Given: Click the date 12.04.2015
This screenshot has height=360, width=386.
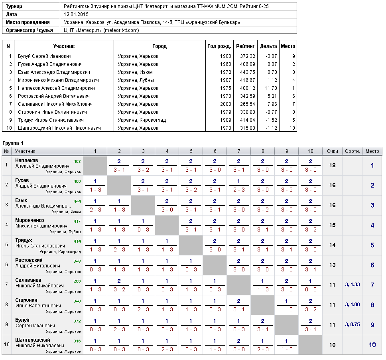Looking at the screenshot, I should click(76, 14).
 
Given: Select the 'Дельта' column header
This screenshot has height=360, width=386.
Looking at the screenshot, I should click(268, 46).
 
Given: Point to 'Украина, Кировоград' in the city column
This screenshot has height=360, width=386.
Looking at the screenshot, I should click(142, 120).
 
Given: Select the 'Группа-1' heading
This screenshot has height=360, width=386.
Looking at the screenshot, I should click(13, 143).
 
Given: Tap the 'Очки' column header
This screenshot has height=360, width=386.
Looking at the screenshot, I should click(332, 151).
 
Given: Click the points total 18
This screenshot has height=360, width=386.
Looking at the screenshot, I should click(332, 165).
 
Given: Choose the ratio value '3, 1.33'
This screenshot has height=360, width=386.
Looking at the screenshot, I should click(352, 285).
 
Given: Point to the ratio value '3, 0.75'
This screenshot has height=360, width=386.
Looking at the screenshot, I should click(352, 324).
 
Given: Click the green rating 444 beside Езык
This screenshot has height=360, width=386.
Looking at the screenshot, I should click(77, 201).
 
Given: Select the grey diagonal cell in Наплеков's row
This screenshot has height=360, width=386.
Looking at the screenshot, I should click(95, 166).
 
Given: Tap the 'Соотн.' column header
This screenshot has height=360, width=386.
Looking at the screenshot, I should click(352, 151).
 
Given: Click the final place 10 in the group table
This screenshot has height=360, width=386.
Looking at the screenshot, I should click(372, 345).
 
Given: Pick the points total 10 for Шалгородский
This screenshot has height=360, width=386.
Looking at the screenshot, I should click(332, 345).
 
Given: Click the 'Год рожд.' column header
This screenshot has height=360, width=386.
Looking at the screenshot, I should click(219, 46).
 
